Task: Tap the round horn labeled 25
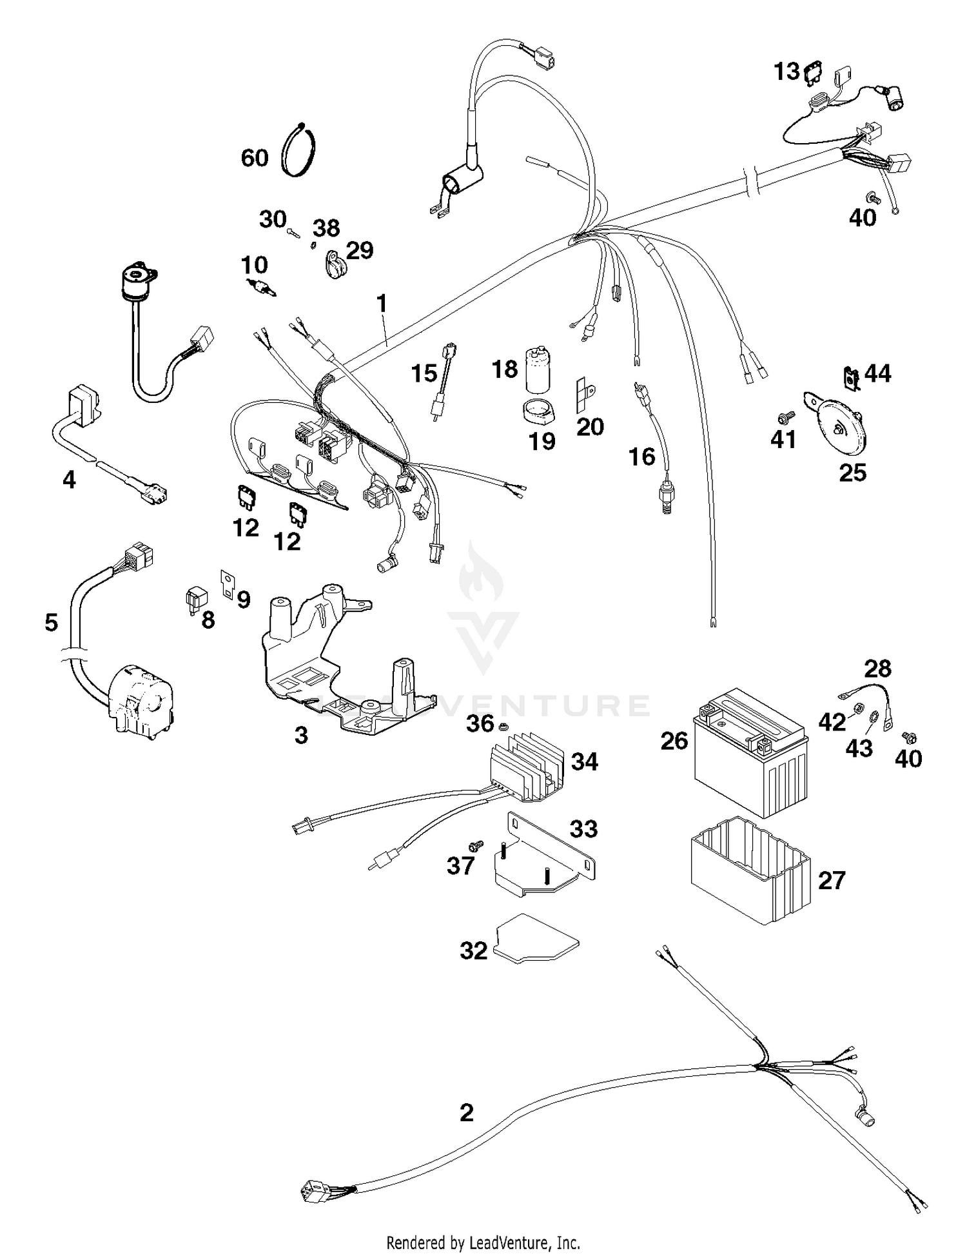pos(838,426)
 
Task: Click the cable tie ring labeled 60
pos(299,150)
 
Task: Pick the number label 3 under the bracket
pos(301,735)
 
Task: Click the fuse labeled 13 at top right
pos(813,72)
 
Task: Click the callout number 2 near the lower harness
pos(467,1112)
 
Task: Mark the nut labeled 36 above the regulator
pos(505,727)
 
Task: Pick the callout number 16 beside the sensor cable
pos(641,456)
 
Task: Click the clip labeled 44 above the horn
pos(852,378)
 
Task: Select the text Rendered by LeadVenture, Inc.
pos(483,1242)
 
